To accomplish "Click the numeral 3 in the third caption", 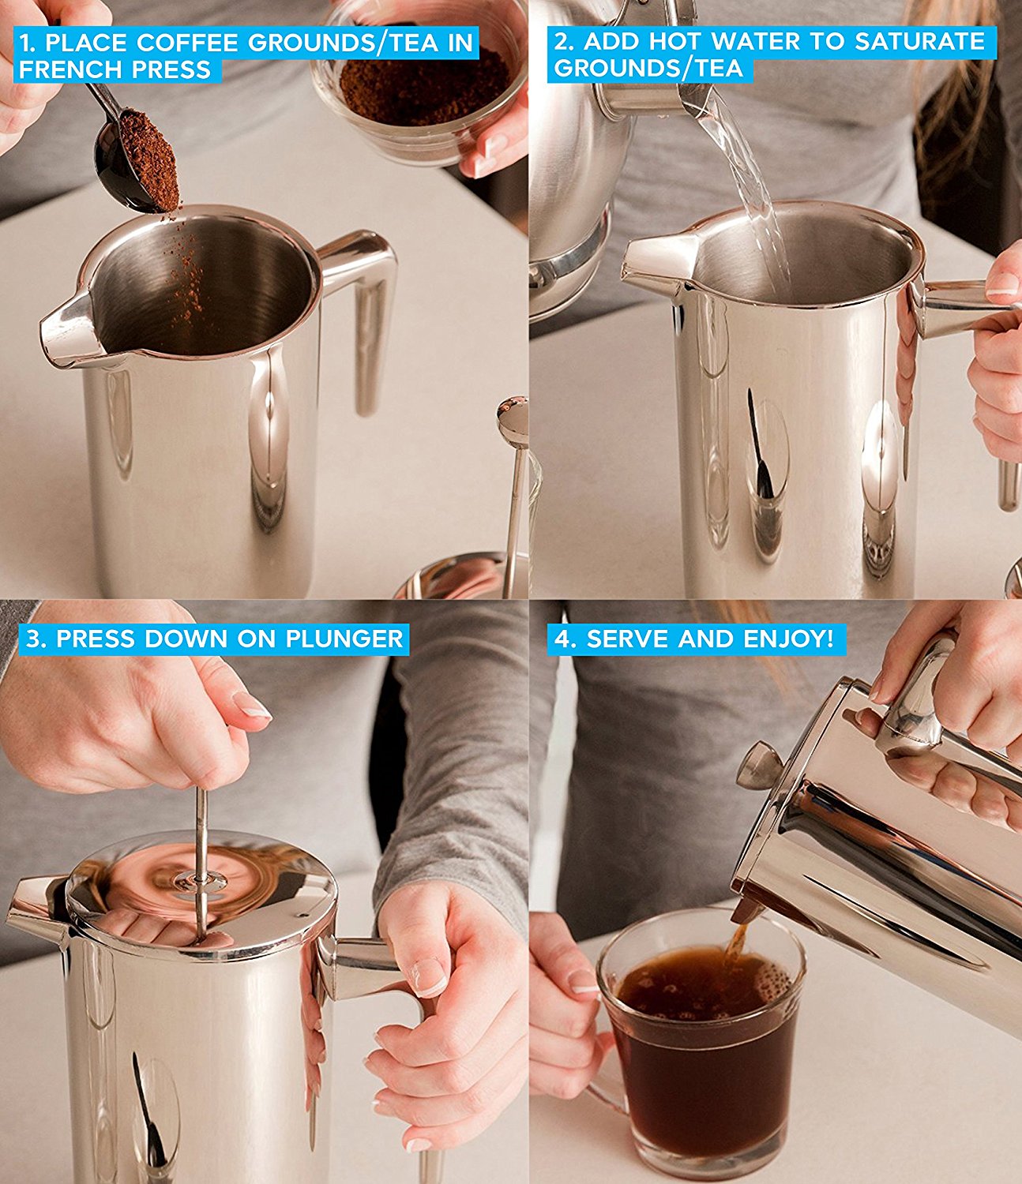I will pos(33,639).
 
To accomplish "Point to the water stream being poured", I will pos(750,189).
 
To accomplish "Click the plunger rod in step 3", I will pos(201,852).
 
